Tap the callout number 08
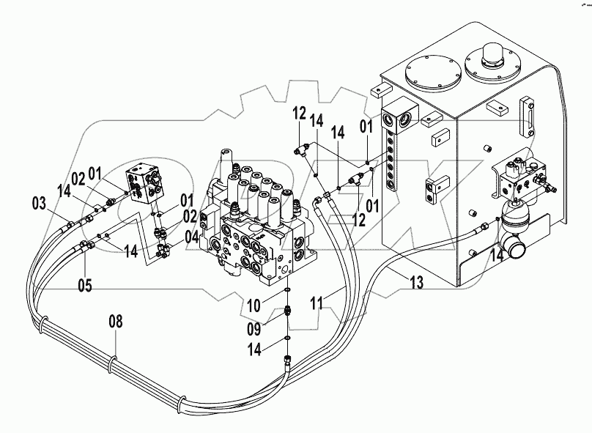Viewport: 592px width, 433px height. point(116,320)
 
